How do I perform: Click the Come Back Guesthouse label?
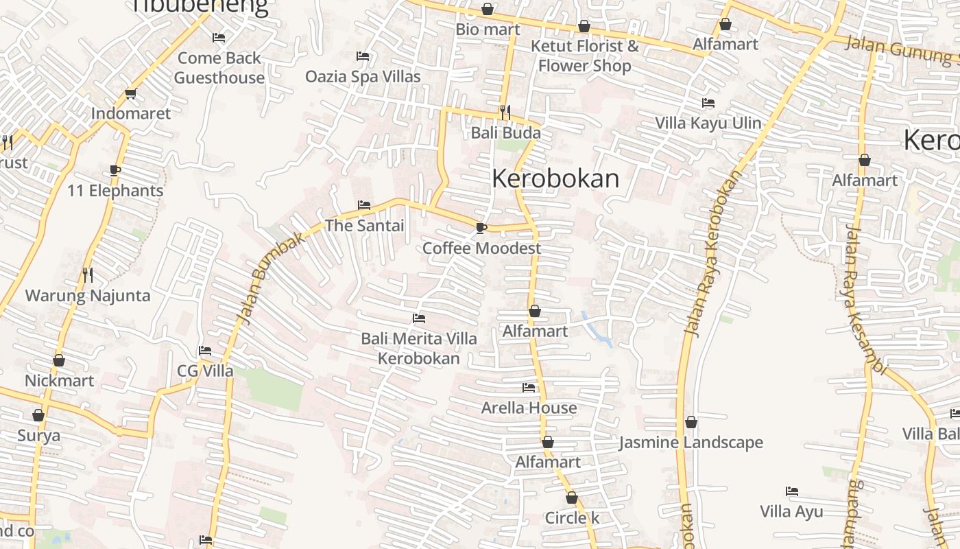tap(219, 68)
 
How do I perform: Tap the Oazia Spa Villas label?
tap(363, 76)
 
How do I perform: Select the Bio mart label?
tap(488, 30)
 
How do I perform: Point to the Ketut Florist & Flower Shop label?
tap(584, 56)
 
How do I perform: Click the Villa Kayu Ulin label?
tap(708, 123)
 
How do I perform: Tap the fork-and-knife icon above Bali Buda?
tap(505, 112)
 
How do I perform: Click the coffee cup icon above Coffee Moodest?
tap(481, 228)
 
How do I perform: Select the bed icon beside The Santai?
tap(364, 205)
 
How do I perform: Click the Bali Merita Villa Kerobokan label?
tap(419, 349)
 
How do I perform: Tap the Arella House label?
tap(529, 408)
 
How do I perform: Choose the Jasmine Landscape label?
tap(691, 443)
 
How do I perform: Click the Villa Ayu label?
tap(791, 511)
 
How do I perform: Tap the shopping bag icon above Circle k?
tap(572, 498)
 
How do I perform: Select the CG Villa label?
tap(205, 371)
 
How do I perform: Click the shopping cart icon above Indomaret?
tap(130, 94)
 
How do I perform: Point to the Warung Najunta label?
tap(88, 296)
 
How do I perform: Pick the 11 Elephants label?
tap(115, 191)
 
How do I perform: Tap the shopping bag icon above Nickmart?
tap(59, 361)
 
